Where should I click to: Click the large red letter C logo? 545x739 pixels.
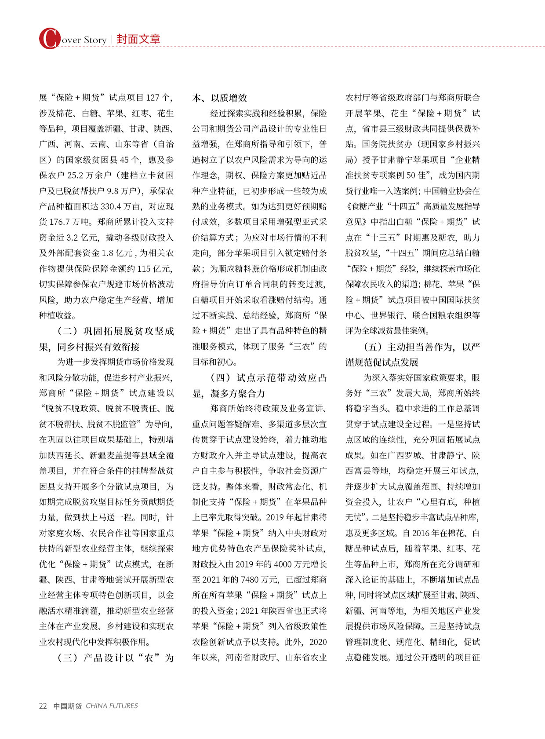[49, 38]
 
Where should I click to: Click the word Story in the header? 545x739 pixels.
[95, 40]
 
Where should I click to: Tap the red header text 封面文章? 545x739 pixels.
[138, 39]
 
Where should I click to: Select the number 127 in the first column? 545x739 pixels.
[153, 98]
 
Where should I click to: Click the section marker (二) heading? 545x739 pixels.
[67, 331]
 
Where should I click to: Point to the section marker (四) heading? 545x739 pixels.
[221, 378]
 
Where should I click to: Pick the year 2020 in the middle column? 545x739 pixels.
[318, 642]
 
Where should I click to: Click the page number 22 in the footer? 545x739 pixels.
[43, 706]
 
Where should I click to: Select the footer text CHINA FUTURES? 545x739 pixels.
[112, 706]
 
